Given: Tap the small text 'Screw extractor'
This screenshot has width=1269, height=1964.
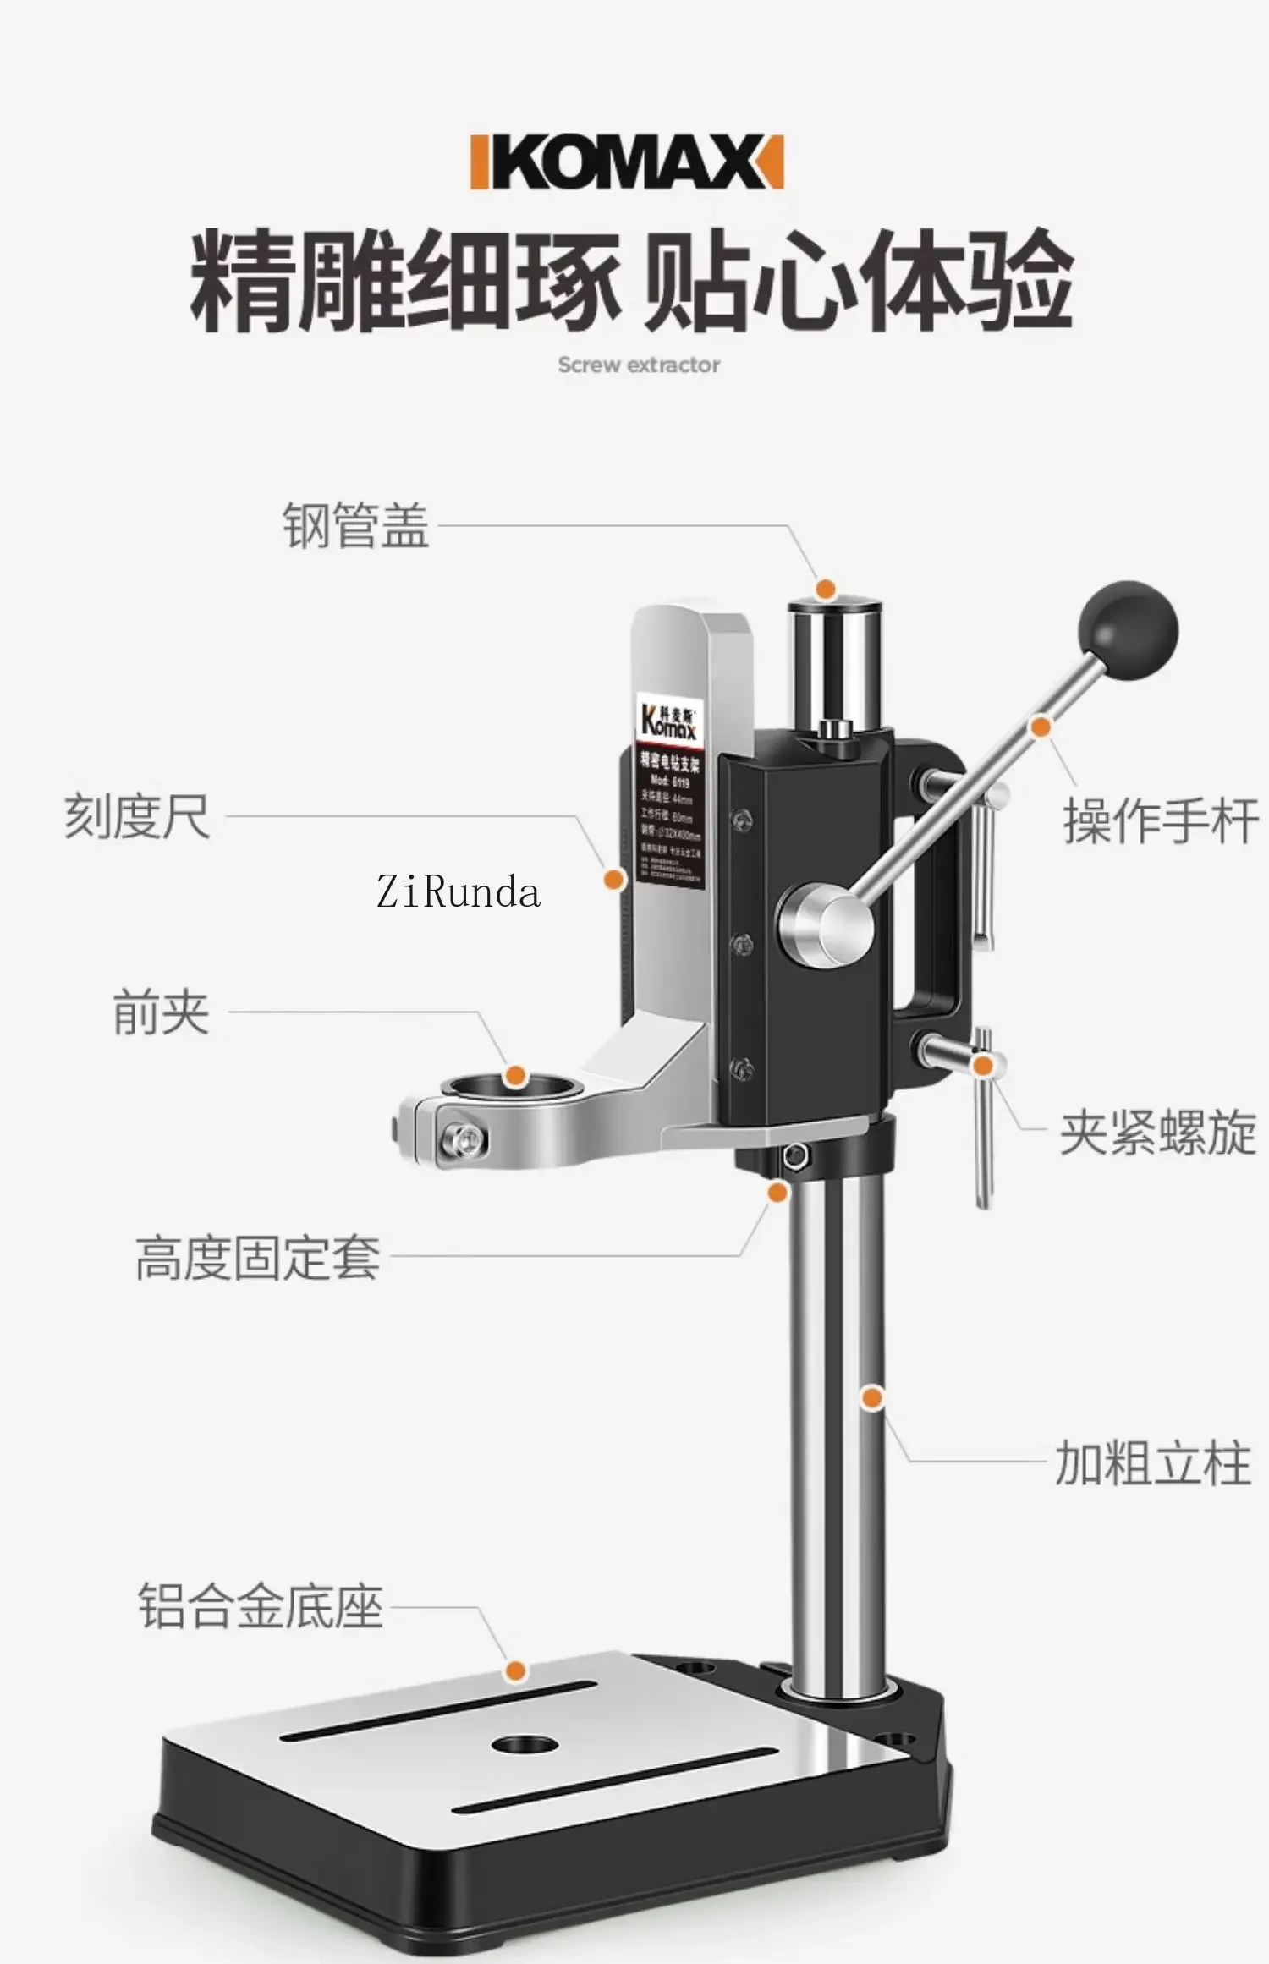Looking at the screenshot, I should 639,365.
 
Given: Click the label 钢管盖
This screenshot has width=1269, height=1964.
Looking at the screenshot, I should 355,525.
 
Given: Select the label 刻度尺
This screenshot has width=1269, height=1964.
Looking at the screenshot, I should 137,817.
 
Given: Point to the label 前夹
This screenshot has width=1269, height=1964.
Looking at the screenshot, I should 161,1012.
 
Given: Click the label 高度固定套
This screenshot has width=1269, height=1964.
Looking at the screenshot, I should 258,1258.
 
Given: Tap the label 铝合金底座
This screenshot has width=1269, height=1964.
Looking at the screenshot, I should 261,1606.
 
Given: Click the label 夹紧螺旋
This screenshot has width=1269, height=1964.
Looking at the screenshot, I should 1157,1133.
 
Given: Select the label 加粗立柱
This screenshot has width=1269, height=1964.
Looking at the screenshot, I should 1152,1464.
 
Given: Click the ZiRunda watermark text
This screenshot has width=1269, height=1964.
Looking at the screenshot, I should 458,892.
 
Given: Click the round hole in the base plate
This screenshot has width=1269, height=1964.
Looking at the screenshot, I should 524,1743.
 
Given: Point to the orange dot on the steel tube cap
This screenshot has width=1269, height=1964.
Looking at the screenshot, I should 826,589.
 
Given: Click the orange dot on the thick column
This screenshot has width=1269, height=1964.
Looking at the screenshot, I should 872,1397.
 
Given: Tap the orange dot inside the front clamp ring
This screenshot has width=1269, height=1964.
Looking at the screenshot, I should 514,1077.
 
